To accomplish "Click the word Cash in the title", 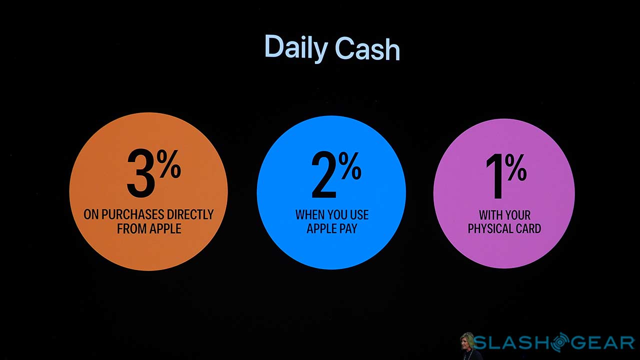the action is (x=367, y=48).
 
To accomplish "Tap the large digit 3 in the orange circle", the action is (x=141, y=173).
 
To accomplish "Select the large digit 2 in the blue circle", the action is (x=324, y=175).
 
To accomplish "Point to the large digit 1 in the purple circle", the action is (x=494, y=176).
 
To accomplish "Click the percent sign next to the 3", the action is (x=170, y=164).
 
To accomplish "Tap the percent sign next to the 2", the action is (x=350, y=166).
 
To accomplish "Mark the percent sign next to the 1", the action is (x=516, y=167).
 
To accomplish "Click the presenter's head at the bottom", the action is (x=467, y=340).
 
